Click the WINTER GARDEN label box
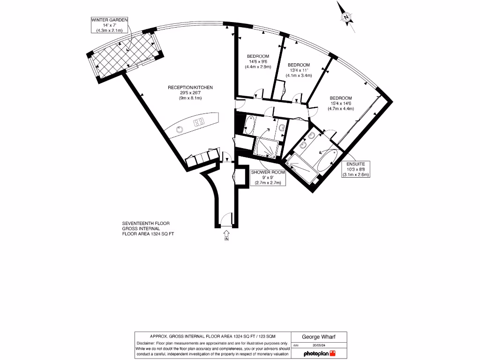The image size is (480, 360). (x=109, y=24)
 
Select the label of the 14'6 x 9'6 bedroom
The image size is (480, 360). (x=258, y=61)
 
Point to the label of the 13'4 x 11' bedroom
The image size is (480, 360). (x=299, y=70)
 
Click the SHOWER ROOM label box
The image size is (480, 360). (x=268, y=178)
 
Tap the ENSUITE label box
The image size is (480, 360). (x=355, y=169)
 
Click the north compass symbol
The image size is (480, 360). (x=346, y=17)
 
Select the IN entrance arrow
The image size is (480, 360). (x=226, y=233)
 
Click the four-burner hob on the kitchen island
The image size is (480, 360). (x=199, y=122)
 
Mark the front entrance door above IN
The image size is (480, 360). (x=226, y=221)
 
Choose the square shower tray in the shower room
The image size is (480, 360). (x=266, y=146)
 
